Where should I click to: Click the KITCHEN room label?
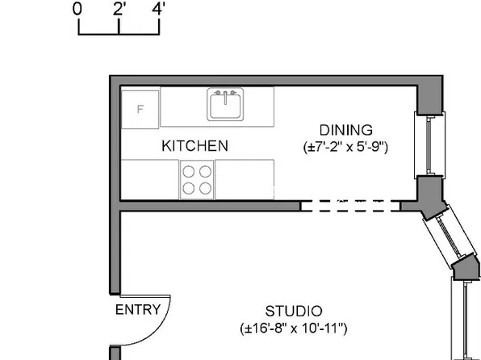[x=194, y=146]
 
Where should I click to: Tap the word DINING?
[x=345, y=130]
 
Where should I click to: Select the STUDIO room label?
[x=294, y=312]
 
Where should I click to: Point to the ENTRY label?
[x=138, y=310]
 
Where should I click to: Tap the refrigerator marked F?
[x=140, y=108]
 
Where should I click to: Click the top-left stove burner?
[x=189, y=171]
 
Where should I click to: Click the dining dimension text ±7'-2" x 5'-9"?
[x=346, y=148]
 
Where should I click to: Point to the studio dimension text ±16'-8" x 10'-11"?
[x=294, y=329]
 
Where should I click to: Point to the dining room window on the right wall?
[x=429, y=144]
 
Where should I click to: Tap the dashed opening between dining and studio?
[x=350, y=206]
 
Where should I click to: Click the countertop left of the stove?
[x=149, y=178]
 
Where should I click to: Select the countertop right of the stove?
[x=245, y=178]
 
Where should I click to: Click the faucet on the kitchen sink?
[x=225, y=94]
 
